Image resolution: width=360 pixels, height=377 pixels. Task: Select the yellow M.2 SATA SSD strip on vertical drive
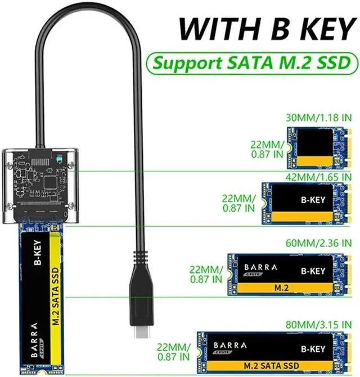[57, 298]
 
